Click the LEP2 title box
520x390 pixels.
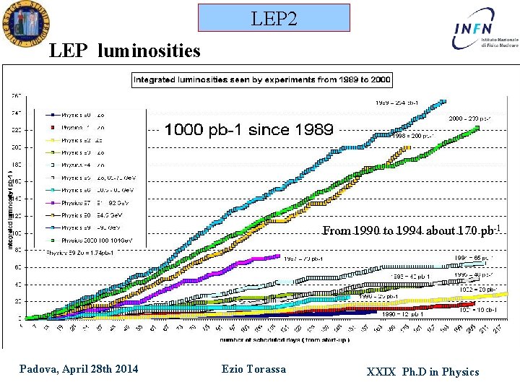[274, 17]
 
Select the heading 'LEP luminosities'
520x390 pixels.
[124, 51]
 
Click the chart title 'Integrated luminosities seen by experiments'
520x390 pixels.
[261, 80]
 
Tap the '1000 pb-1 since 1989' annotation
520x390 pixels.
[249, 130]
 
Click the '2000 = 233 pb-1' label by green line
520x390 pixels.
[470, 118]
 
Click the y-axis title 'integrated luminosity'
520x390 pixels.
[10, 206]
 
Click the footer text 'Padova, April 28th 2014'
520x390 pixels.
[79, 370]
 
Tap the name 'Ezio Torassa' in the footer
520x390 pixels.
[253, 370]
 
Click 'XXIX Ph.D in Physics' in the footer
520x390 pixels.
[422, 372]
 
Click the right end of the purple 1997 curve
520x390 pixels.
[278, 256]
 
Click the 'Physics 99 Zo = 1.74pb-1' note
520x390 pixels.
[79, 252]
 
